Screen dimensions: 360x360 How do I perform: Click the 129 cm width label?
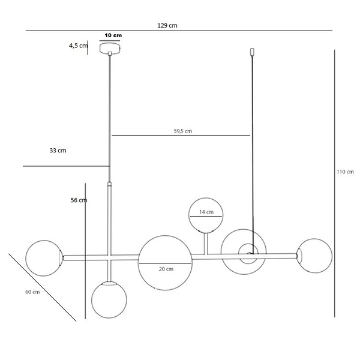(167, 25)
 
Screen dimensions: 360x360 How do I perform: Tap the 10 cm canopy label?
(112, 36)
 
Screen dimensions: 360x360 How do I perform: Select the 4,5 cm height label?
(78, 46)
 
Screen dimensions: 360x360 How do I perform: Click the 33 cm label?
(58, 151)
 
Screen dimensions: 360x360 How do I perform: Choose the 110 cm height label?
(346, 172)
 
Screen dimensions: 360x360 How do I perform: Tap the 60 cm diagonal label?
(32, 292)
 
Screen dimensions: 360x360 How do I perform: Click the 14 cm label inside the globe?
(205, 212)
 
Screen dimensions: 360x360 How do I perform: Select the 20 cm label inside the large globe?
(166, 269)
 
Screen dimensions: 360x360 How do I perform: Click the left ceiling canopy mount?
(110, 53)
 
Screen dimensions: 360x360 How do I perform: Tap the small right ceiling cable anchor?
(252, 54)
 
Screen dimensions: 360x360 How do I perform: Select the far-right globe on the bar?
(313, 256)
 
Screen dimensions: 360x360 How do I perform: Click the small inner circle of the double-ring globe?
(247, 252)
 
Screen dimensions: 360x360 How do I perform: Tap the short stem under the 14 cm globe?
(205, 244)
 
